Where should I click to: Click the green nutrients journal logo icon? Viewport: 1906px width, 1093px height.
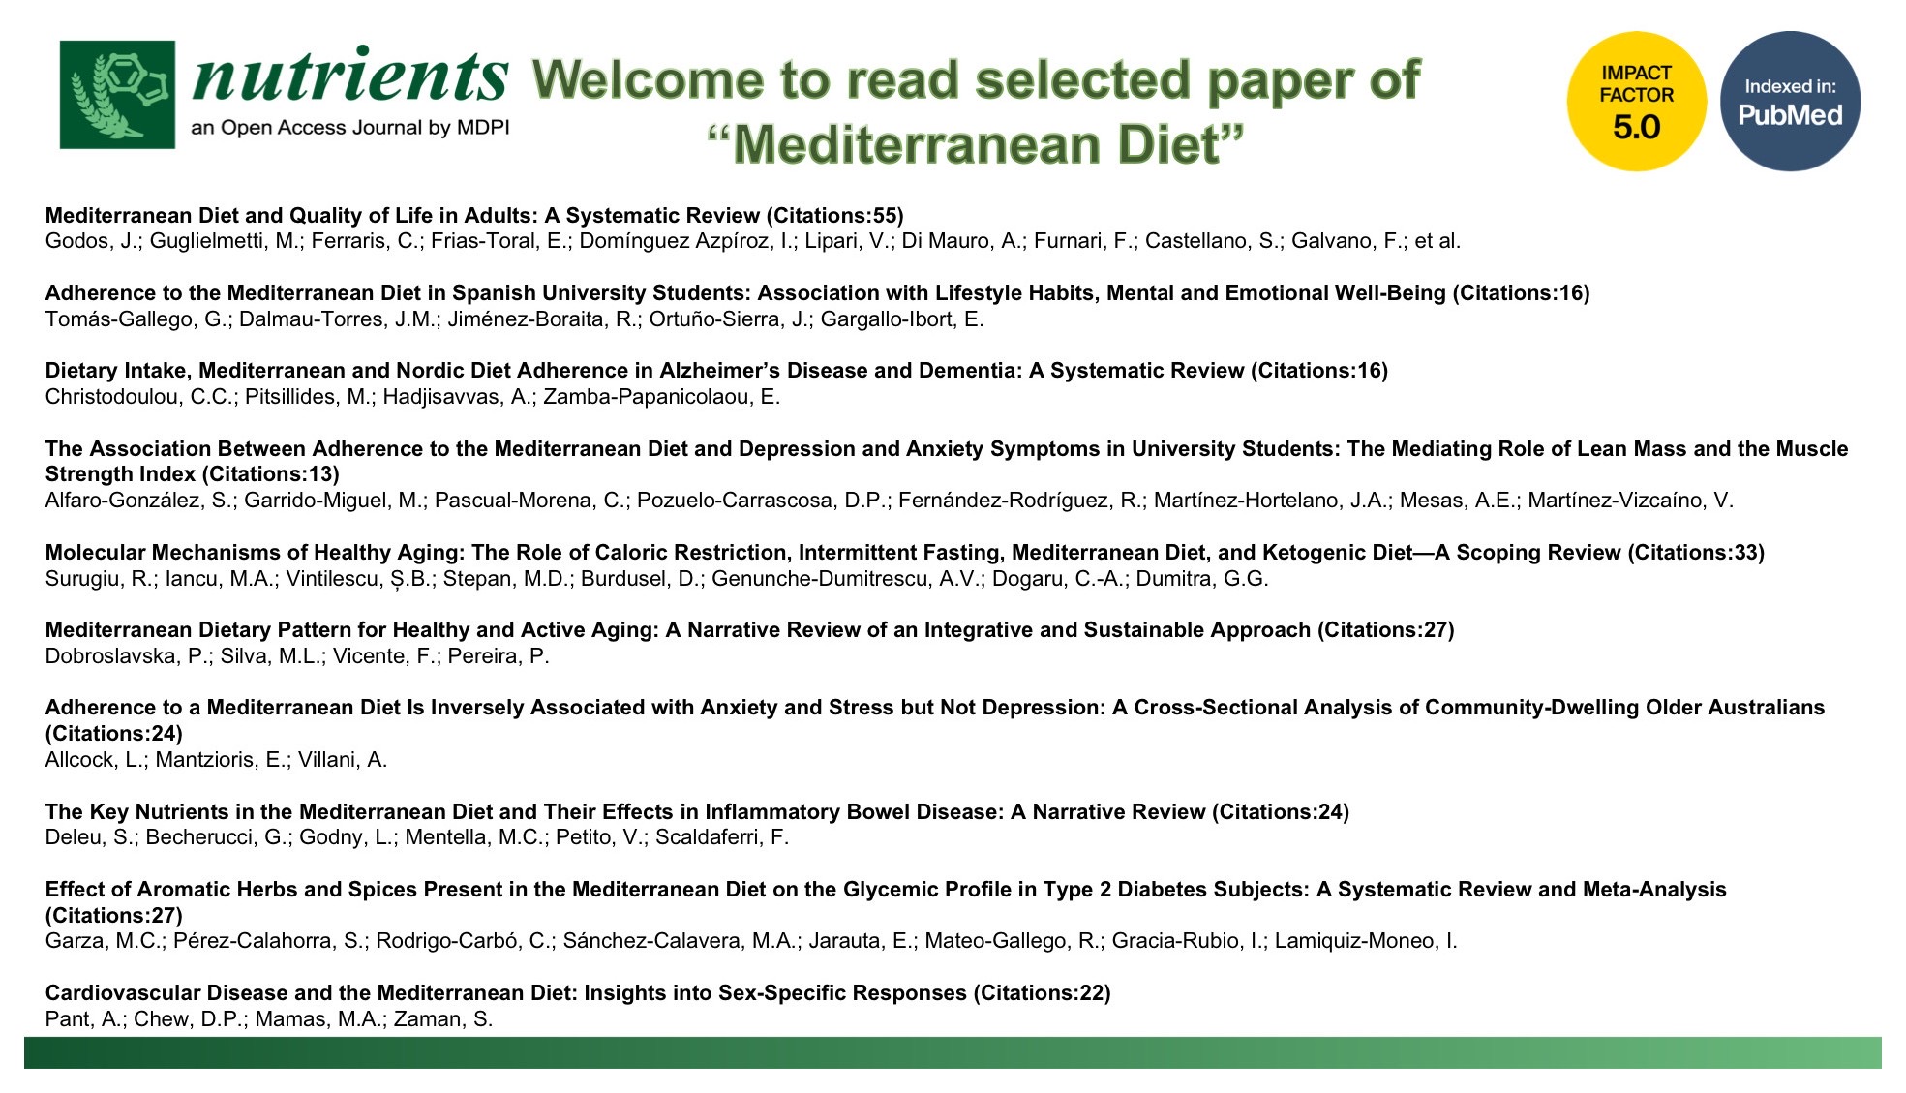click(117, 95)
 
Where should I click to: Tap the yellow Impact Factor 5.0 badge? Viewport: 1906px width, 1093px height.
click(1636, 102)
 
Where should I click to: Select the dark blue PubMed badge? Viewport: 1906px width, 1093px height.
click(1790, 102)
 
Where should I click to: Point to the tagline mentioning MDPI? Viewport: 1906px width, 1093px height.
click(350, 128)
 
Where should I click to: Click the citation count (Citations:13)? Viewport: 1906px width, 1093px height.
click(270, 474)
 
